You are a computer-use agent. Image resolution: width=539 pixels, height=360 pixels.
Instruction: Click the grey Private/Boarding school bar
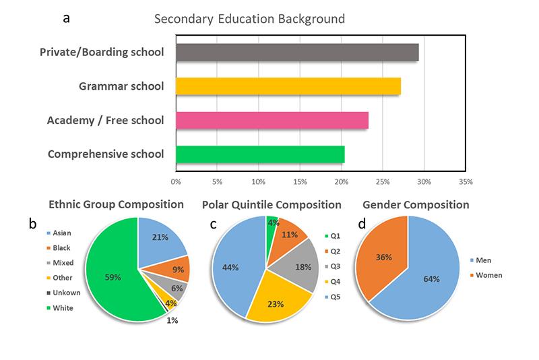[296, 52]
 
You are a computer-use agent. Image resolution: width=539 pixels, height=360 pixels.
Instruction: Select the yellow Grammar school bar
[288, 86]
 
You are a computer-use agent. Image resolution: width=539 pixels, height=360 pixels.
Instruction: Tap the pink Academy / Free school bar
[272, 120]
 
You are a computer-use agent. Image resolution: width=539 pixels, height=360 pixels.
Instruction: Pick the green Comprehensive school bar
[259, 154]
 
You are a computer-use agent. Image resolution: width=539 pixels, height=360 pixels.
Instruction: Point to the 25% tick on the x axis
[383, 181]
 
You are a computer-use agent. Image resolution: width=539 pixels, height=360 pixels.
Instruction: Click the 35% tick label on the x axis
[465, 181]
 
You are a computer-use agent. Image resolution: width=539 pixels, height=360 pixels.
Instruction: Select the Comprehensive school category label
[106, 154]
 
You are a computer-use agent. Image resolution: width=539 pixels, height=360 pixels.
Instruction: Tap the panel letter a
[66, 18]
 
